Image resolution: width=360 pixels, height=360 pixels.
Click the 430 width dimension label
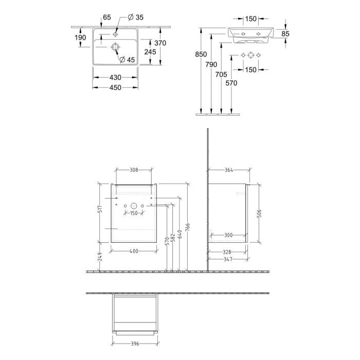point(115,78)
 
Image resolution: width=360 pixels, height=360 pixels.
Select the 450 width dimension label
point(115,88)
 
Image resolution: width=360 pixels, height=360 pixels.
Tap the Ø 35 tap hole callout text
point(136,17)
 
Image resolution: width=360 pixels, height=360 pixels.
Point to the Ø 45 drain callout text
point(127,60)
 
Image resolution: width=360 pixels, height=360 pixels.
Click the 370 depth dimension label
point(160,43)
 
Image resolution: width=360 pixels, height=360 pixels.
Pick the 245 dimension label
point(150,52)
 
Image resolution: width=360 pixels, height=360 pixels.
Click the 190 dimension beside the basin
point(80,38)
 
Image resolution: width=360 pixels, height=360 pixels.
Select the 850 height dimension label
point(201,55)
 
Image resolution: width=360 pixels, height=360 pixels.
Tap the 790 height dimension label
point(211,64)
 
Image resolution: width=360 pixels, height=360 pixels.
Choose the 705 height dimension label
point(221,75)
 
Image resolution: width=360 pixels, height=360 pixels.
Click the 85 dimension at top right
point(285,34)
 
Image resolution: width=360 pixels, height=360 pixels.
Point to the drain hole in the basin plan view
point(115,47)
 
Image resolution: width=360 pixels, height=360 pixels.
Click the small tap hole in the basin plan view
point(115,34)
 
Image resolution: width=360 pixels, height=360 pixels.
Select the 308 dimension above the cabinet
point(134,170)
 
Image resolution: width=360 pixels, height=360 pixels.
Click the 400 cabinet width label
point(134,251)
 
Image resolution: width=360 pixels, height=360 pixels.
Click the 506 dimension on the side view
point(259,213)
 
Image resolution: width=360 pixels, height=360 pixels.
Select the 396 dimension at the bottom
point(135,344)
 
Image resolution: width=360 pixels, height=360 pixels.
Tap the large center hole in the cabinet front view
point(134,206)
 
